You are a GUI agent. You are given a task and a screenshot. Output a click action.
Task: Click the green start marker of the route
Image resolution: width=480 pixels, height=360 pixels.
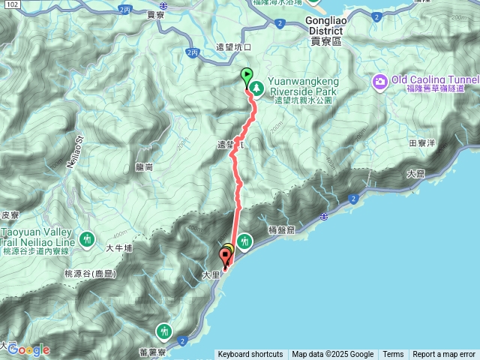246,75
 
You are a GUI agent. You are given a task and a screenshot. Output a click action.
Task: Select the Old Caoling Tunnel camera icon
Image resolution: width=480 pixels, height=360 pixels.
380,80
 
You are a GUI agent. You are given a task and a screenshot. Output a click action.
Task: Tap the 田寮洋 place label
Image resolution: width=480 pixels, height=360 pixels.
422,142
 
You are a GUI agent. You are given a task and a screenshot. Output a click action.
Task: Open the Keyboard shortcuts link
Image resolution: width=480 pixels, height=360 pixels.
250,355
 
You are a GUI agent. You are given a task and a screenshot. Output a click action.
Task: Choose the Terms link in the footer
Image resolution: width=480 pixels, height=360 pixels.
393,355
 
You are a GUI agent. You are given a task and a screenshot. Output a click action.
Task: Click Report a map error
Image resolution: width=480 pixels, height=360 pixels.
444,355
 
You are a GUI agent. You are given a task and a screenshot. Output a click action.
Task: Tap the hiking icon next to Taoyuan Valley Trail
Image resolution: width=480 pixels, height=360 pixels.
88,239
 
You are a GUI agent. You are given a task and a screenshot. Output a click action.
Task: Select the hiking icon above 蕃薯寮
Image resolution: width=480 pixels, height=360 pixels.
164,330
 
